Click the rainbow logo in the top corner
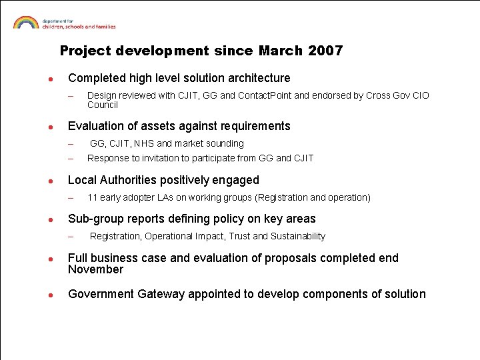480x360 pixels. point(26,22)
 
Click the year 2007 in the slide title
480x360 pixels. point(326,51)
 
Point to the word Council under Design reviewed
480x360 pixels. point(102,105)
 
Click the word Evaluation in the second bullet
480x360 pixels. point(94,126)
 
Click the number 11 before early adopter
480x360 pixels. point(92,197)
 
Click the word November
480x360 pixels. point(95,269)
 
